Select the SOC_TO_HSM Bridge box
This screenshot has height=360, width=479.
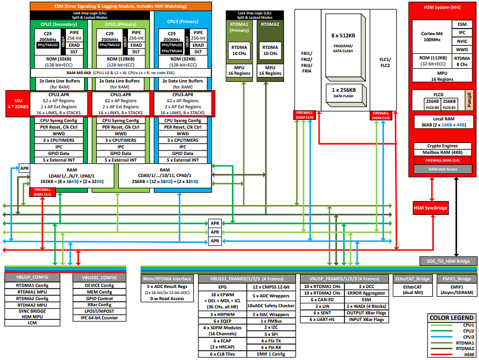[x=444, y=261]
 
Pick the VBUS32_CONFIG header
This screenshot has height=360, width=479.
[x=99, y=278]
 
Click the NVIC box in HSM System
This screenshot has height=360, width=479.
[x=461, y=41]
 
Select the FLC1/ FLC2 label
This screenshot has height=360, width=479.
[x=385, y=62]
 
